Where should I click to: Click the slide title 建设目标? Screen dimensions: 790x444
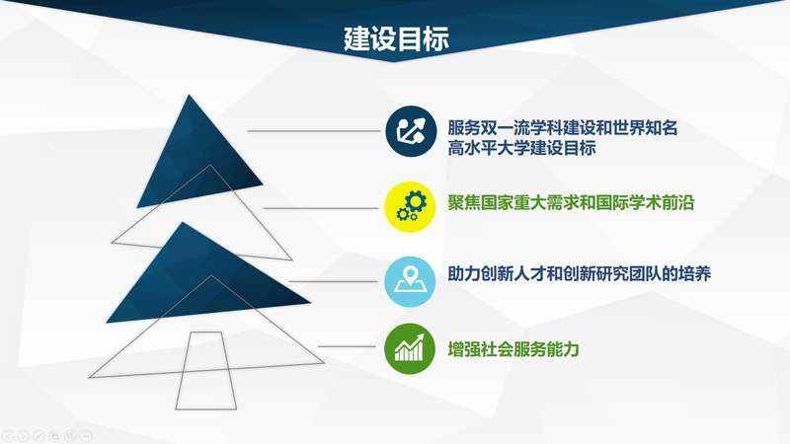coord(396,38)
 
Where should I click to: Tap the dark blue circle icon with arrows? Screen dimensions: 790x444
coord(411,131)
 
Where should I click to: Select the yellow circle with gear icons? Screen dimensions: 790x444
coord(410,207)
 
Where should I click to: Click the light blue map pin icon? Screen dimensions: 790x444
coord(410,281)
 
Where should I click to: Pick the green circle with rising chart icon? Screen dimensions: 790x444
coord(410,348)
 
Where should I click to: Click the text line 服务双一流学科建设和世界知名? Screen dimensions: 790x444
coord(563,128)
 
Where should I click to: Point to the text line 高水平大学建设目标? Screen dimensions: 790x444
coord(522,148)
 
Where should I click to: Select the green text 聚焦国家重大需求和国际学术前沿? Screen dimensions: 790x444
coord(571,202)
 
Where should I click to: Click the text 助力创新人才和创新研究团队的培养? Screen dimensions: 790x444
coord(580,273)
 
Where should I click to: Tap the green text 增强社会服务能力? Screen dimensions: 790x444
coord(513,349)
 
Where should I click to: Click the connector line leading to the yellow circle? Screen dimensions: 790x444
coord(320,208)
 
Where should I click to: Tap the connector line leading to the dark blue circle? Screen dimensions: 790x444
coord(313,131)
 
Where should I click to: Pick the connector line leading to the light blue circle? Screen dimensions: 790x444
coord(333,281)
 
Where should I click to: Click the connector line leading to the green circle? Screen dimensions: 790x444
coord(347,346)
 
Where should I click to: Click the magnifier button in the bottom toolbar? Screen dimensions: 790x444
coord(70,436)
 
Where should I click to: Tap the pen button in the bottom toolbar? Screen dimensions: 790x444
coord(39,436)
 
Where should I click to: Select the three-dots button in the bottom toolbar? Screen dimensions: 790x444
coord(86,436)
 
